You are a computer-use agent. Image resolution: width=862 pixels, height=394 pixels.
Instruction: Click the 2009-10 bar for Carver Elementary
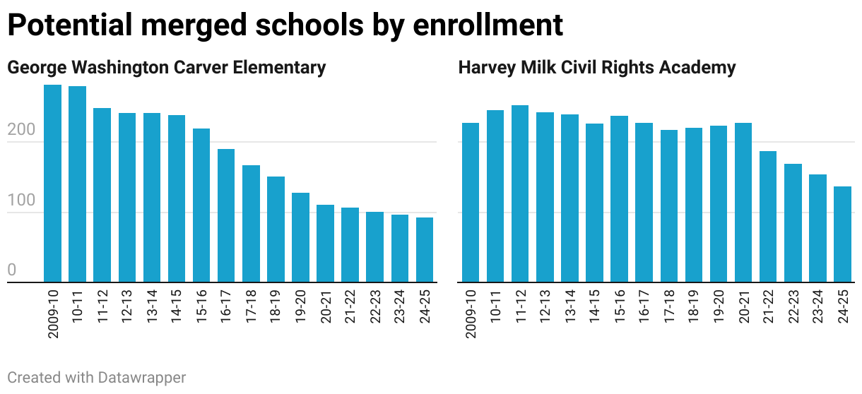(x=53, y=184)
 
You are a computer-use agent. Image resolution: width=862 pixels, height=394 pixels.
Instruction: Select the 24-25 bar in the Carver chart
(x=425, y=250)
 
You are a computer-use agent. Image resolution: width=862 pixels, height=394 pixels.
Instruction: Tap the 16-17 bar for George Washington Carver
(x=226, y=215)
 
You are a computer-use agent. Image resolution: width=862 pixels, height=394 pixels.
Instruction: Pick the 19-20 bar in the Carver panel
(x=300, y=237)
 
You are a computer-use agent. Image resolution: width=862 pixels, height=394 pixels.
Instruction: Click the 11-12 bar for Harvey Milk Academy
(x=520, y=193)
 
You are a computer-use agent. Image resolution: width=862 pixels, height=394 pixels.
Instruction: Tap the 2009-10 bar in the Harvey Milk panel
(x=471, y=203)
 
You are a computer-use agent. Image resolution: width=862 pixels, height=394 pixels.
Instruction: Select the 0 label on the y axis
(x=11, y=271)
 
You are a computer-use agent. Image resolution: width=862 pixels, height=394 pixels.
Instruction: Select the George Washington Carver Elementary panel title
(x=167, y=68)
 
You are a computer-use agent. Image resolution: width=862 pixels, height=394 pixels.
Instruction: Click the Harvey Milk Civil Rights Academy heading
(x=597, y=68)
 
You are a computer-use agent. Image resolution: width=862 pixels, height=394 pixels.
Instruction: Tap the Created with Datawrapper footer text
(x=97, y=378)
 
